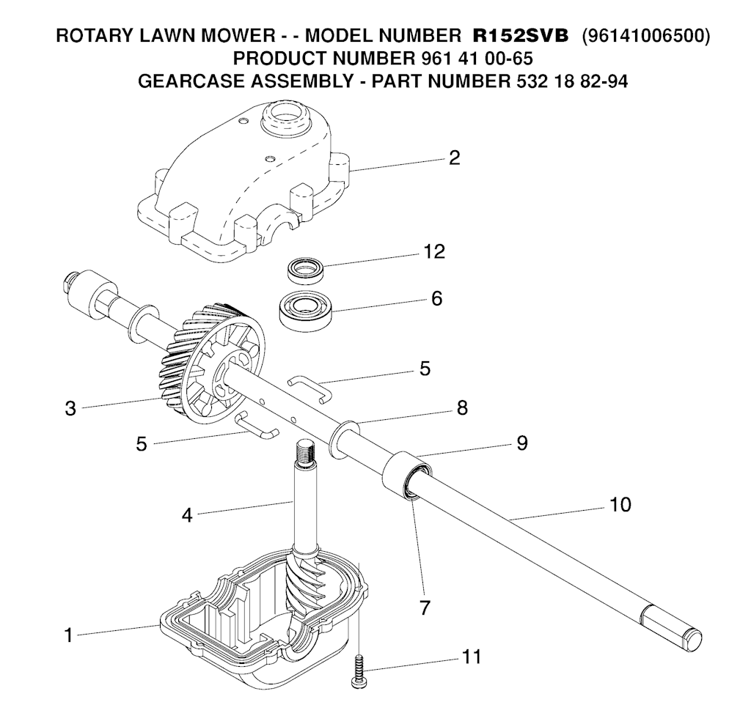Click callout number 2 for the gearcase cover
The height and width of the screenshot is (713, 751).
click(x=454, y=158)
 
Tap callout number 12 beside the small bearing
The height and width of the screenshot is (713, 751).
click(x=434, y=251)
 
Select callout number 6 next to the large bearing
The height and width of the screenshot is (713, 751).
click(x=436, y=298)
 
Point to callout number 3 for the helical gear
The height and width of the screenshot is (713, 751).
click(x=70, y=409)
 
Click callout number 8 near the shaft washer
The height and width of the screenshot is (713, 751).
click(x=462, y=407)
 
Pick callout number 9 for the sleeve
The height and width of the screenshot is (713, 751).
click(x=522, y=443)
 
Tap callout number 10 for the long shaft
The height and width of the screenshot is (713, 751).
click(x=620, y=504)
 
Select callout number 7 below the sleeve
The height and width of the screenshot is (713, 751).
click(x=425, y=607)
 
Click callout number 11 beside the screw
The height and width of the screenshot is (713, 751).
click(x=472, y=657)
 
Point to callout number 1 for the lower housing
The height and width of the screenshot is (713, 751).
click(x=68, y=635)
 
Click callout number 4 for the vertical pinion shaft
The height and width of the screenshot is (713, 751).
click(x=187, y=515)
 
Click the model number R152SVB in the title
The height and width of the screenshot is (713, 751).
click(x=521, y=36)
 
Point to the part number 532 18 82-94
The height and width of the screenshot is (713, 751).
click(x=572, y=81)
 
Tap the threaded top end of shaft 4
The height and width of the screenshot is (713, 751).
click(x=304, y=451)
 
